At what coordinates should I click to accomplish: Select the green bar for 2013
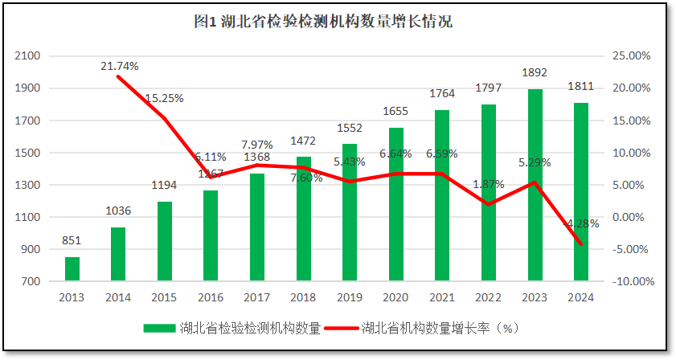[72, 269]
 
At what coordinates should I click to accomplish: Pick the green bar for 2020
[395, 204]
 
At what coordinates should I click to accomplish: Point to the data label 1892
[534, 72]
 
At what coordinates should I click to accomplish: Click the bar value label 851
[72, 240]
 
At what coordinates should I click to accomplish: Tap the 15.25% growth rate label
[164, 98]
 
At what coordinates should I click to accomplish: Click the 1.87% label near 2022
[488, 184]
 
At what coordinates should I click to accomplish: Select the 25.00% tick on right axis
[631, 56]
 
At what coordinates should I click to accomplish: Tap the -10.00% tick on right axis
[629, 281]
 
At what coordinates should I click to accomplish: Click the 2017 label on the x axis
[256, 297]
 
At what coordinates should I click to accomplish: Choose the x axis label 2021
[441, 297]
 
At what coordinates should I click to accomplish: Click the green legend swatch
[160, 328]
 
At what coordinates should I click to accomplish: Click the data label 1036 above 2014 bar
[118, 211]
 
